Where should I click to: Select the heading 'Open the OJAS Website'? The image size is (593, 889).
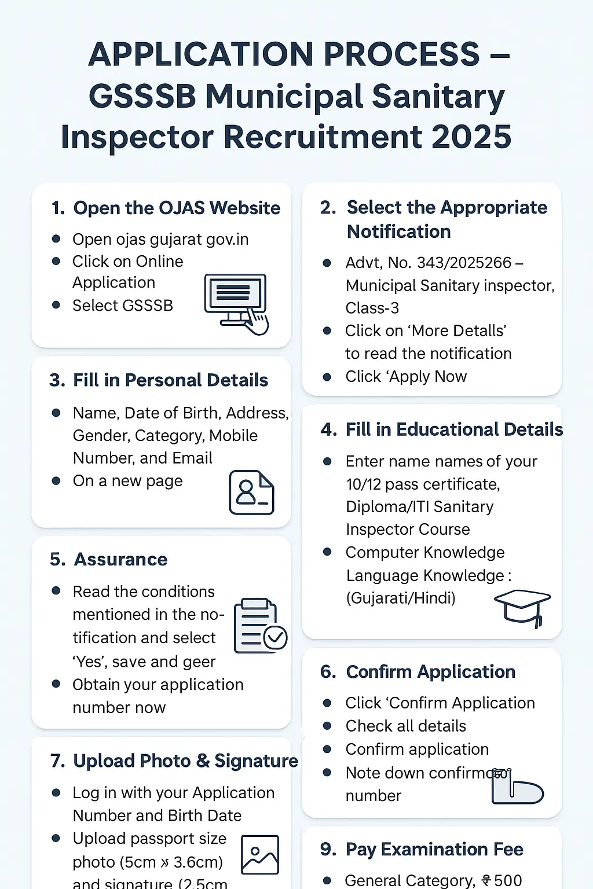tap(177, 208)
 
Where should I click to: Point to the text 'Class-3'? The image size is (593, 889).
tap(372, 308)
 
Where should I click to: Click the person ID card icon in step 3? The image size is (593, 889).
tap(251, 493)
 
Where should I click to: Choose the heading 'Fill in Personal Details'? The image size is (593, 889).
tap(170, 380)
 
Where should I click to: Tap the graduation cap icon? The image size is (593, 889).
tap(522, 607)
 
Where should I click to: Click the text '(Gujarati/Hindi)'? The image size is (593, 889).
tap(401, 598)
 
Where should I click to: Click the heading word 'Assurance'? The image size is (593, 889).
tap(120, 560)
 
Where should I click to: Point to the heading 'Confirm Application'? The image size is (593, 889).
tap(430, 671)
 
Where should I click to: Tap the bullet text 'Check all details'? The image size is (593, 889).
tap(405, 726)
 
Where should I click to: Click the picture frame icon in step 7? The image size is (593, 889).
tap(260, 854)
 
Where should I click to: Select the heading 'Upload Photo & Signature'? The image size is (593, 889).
tap(185, 761)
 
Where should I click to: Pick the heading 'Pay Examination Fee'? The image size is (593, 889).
tap(434, 849)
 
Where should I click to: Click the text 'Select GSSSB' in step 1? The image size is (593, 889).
tap(122, 306)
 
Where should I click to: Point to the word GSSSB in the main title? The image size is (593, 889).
tap(142, 96)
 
